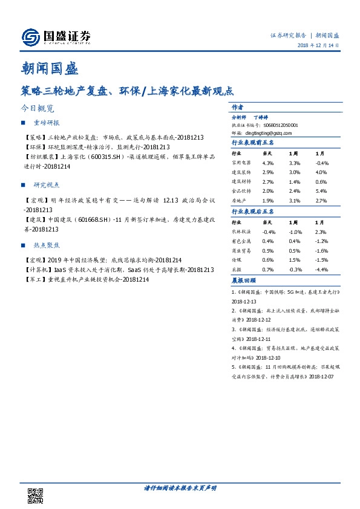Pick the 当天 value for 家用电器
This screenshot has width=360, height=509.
pyautogui.click(x=269, y=163)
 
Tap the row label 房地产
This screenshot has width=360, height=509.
pyautogui.click(x=240, y=200)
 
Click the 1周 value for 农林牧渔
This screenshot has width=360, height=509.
pyautogui.click(x=296, y=232)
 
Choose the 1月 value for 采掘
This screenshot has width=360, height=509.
pyautogui.click(x=321, y=269)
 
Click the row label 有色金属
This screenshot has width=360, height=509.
pyautogui.click(x=242, y=241)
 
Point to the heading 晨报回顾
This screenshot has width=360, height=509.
pyautogui.click(x=244, y=280)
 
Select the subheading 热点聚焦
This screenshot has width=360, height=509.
pyautogui.click(x=46, y=246)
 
